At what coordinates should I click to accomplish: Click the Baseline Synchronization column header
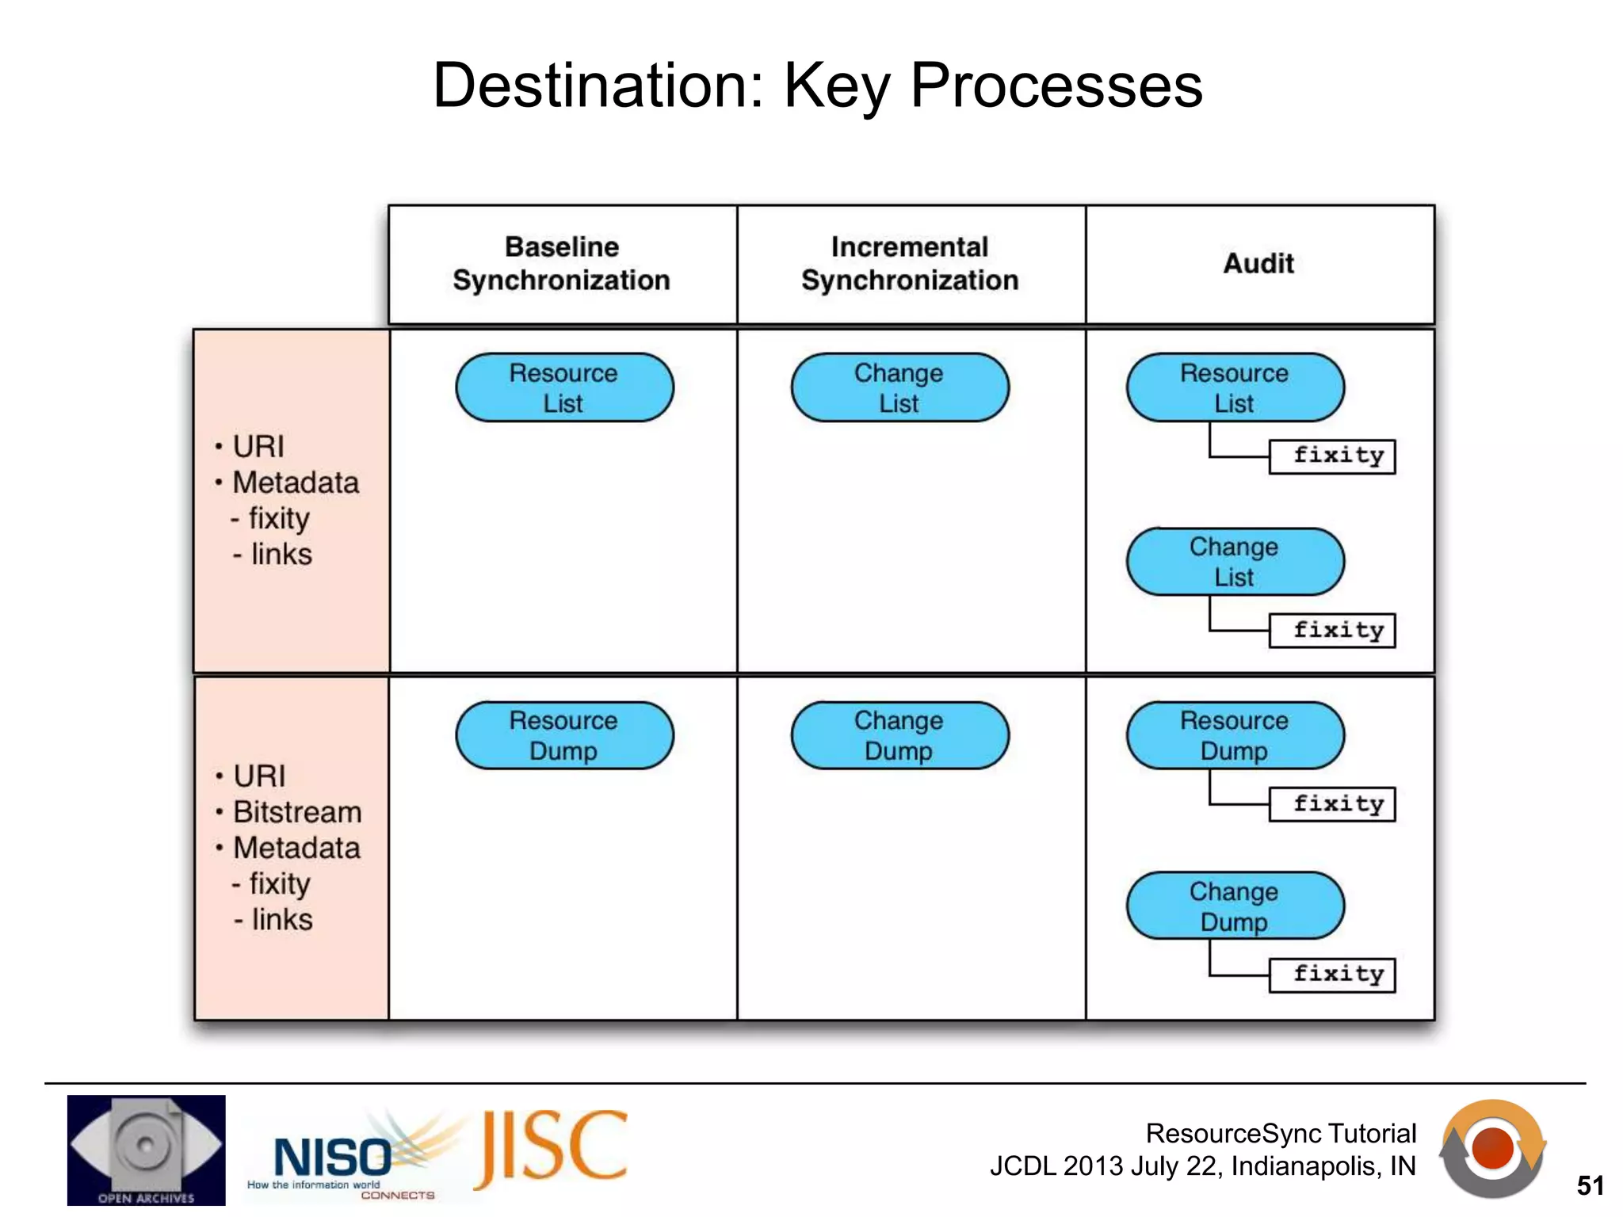pos(562,264)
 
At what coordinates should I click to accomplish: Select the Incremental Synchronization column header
pos(910,264)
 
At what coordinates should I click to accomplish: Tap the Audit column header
pos(1258,264)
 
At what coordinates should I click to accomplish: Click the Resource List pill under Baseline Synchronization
pos(563,387)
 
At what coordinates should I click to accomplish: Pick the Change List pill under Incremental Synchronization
pos(899,387)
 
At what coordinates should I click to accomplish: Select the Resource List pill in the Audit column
pos(1234,387)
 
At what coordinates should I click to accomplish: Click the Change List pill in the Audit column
pos(1234,562)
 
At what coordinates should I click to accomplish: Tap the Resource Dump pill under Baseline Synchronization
pos(563,735)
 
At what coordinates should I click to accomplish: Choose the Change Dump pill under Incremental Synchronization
pos(899,735)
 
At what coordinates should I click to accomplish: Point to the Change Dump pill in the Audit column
pos(1234,906)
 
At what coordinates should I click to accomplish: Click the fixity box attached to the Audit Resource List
pos(1331,456)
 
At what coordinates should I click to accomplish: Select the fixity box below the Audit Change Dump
pos(1331,975)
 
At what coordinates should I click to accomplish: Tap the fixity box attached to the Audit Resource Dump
pos(1331,804)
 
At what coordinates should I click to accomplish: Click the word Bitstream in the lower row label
pos(297,812)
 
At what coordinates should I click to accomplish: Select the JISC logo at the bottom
pos(550,1149)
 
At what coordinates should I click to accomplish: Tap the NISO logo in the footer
pos(333,1158)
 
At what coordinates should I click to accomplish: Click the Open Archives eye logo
pos(146,1149)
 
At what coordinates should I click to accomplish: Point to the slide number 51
pos(1590,1185)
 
